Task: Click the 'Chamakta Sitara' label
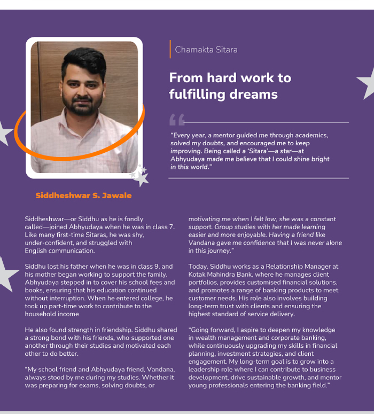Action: point(206,50)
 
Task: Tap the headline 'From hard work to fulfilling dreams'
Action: point(230,86)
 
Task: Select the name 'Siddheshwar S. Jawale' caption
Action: point(83,196)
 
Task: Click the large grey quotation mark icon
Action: point(177,119)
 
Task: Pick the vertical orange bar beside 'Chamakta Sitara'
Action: point(170,49)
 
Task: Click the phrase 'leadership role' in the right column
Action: point(212,370)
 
